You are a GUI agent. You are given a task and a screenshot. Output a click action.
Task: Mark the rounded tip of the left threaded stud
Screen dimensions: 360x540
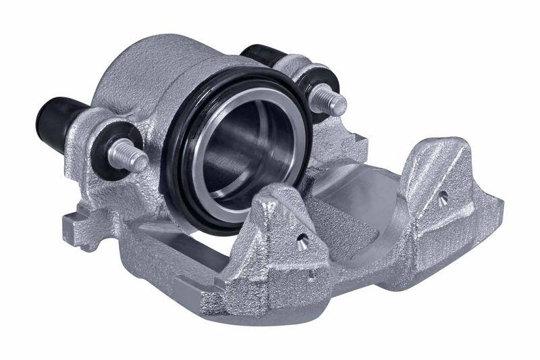(139, 163)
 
